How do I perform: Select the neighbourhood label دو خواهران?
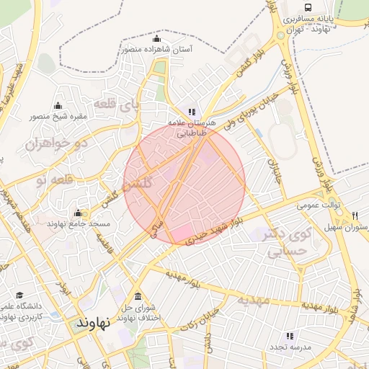tap(51, 144)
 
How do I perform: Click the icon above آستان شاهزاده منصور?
tap(158, 38)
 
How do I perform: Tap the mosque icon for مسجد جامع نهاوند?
tap(78, 213)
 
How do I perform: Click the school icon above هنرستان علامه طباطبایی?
tap(192, 112)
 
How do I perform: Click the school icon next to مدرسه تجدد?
tap(289, 336)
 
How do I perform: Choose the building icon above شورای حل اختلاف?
tap(138, 296)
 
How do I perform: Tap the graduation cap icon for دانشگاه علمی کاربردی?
tap(19, 295)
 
